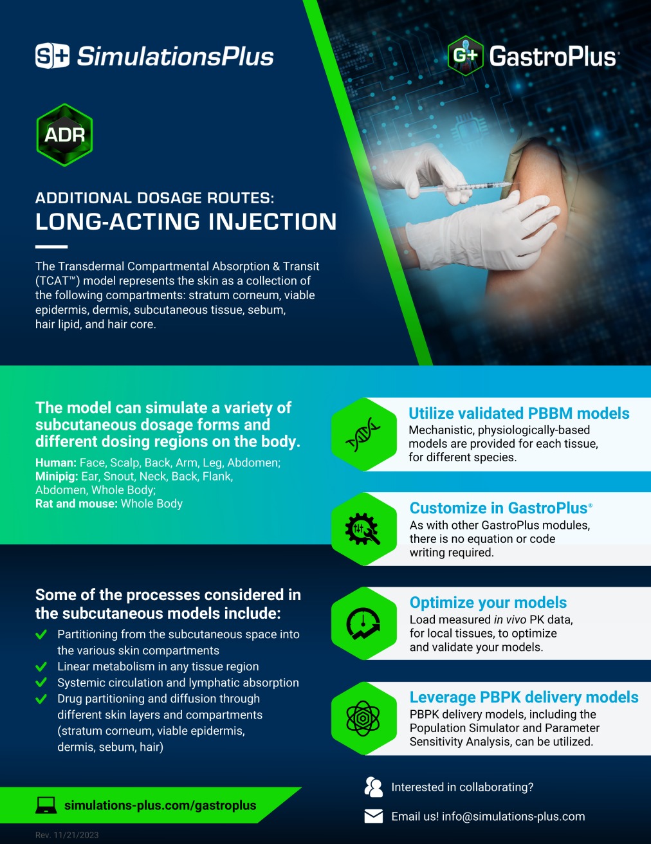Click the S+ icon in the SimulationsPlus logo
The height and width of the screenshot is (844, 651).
(x=52, y=56)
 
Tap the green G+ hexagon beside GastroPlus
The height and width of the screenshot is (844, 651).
(x=465, y=55)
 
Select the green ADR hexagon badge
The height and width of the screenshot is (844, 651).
(x=64, y=135)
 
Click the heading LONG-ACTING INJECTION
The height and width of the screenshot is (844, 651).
(x=186, y=222)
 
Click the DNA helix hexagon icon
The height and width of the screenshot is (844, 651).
(x=363, y=434)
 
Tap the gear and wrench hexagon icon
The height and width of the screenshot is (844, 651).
(x=363, y=529)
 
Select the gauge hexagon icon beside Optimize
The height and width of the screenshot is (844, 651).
(x=363, y=623)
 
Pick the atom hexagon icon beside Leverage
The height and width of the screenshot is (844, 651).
(x=363, y=718)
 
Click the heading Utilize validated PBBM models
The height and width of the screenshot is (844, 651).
(x=518, y=413)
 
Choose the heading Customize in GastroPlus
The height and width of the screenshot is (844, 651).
(x=499, y=508)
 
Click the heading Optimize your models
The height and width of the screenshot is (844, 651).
(x=488, y=602)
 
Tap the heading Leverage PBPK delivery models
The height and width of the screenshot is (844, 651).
(x=524, y=697)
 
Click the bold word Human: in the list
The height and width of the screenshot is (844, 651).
(x=56, y=463)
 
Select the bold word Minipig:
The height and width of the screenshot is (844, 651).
(x=57, y=476)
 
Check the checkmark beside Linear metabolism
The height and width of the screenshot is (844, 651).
(x=41, y=666)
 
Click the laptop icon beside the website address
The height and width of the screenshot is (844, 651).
(x=46, y=805)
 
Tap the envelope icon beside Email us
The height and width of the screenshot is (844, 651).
(x=373, y=816)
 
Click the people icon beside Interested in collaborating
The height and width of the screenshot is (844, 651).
(x=373, y=787)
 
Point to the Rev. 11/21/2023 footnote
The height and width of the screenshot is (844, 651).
(x=67, y=835)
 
